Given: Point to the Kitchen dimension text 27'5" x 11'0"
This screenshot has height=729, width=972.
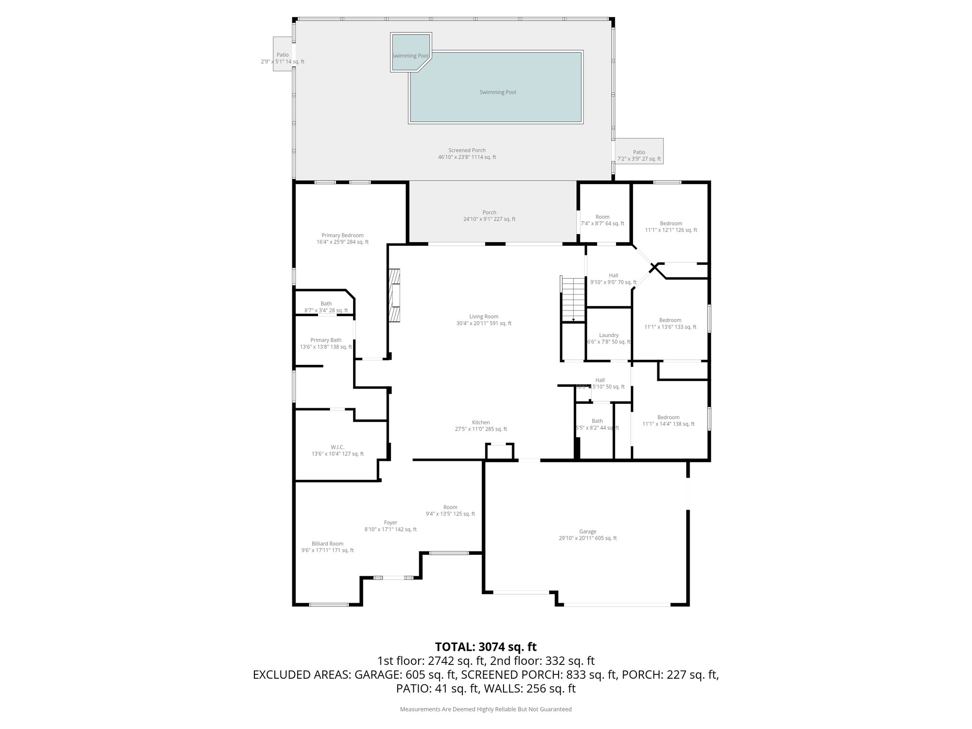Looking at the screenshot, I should coord(481,429).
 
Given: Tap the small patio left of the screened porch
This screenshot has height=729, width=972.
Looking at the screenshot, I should coord(283,55).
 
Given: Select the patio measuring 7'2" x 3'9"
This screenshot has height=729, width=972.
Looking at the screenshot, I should coord(639,159).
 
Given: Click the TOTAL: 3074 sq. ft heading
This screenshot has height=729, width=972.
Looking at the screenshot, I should coord(486,646).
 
